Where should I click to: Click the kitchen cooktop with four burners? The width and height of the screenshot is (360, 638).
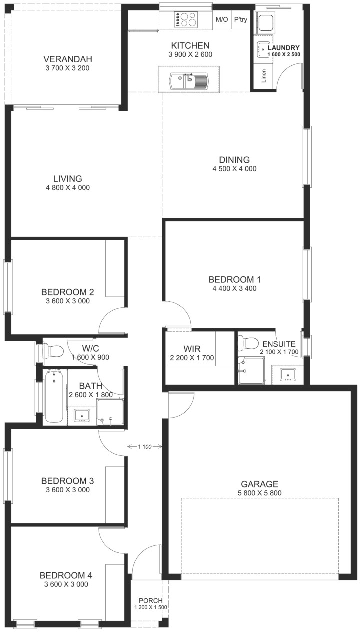(x=185, y=19)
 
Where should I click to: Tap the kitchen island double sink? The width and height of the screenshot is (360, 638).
(x=189, y=81)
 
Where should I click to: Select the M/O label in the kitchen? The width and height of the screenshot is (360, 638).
(x=222, y=19)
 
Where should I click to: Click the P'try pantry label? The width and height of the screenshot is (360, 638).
(x=240, y=19)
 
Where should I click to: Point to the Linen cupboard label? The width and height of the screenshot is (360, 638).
(x=264, y=76)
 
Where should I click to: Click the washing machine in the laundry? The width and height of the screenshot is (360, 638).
(x=266, y=22)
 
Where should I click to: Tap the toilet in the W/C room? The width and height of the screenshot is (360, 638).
(x=52, y=351)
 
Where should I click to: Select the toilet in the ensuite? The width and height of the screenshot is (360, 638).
(x=247, y=343)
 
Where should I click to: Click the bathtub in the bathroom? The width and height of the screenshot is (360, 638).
(x=54, y=396)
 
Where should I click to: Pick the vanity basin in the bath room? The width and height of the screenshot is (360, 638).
(x=82, y=416)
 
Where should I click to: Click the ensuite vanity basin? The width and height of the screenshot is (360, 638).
(x=288, y=374)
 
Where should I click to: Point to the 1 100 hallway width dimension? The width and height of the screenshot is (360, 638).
(x=145, y=446)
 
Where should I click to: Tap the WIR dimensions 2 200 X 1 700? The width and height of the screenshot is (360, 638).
(x=192, y=358)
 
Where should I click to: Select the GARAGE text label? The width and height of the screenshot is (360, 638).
(x=259, y=484)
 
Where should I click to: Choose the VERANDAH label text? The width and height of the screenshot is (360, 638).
(x=68, y=59)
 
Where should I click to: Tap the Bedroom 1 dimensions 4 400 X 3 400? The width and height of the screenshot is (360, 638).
(x=234, y=289)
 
